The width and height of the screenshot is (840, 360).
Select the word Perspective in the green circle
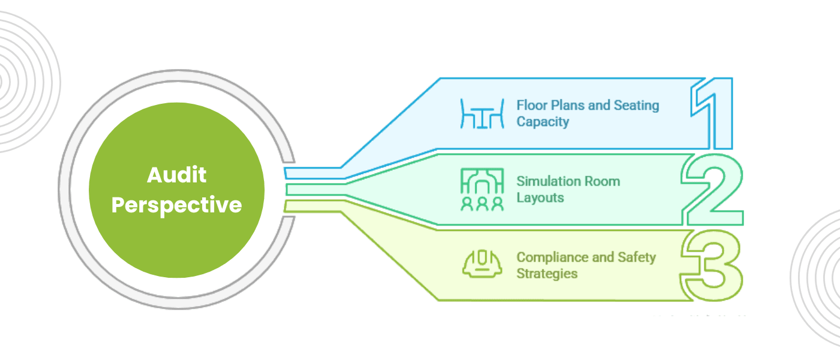[176, 205]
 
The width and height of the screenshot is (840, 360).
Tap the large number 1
[712, 114]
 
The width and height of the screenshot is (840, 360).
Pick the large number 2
[713, 191]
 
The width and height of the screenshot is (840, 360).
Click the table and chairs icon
[482, 113]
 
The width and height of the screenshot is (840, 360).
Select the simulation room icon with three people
[482, 190]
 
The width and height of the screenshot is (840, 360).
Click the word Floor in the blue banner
[530, 106]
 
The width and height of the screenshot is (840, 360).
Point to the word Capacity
[542, 121]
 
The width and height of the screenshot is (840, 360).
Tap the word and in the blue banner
[599, 106]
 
